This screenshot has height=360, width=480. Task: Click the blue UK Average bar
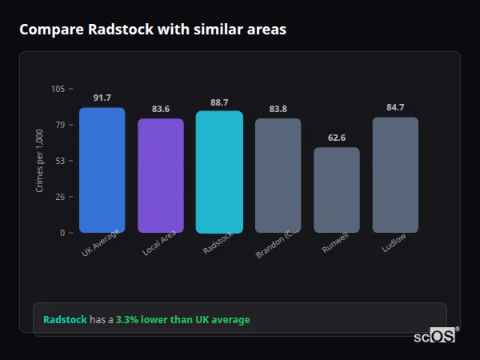pos(102,170)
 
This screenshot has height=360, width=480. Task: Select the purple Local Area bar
pos(161,176)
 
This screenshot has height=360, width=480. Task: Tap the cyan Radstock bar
pos(219,172)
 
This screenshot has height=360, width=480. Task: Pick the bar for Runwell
pos(337,190)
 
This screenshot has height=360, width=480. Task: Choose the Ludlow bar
pos(395,175)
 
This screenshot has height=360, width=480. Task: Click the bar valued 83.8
pos(278,176)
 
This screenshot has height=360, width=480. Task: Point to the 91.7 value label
pos(102,98)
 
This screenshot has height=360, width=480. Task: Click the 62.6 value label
pos(337,138)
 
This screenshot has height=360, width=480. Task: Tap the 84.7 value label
pos(395,107)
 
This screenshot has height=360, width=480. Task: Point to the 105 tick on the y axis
pos(58,89)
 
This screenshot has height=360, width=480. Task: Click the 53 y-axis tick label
pos(60,161)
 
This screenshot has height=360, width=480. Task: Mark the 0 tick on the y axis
pos(62,233)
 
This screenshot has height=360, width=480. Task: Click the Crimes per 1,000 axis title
pos(39,161)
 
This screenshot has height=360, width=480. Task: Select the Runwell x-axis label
pos(335,245)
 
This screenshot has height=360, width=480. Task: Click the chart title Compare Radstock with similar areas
pos(153,30)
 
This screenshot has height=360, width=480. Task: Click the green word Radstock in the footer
pos(65,320)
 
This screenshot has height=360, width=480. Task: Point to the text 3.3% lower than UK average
pos(182,320)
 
